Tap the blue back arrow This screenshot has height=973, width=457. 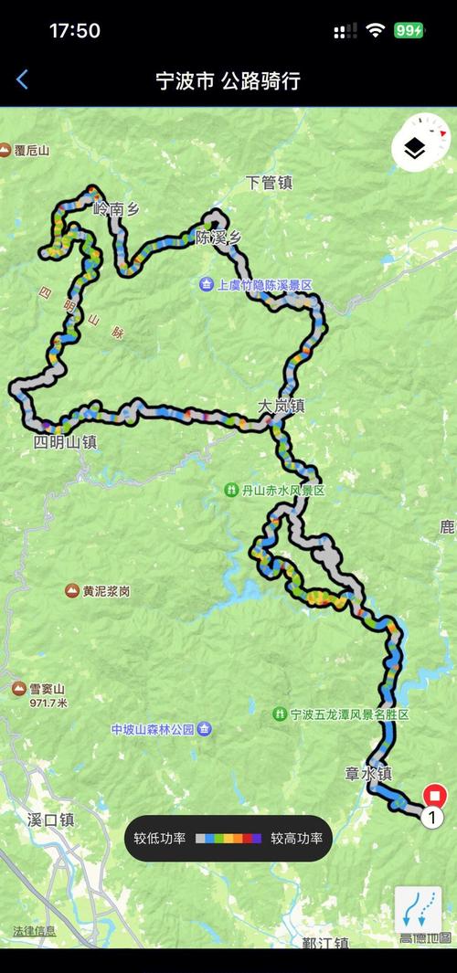pyautogui.click(x=23, y=80)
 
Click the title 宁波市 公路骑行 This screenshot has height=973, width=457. pyautogui.click(x=228, y=80)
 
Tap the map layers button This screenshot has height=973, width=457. pyautogui.click(x=416, y=148)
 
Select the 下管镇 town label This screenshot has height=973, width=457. pyautogui.click(x=269, y=183)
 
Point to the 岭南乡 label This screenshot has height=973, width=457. pyautogui.click(x=116, y=210)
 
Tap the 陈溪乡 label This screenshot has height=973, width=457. pyautogui.click(x=218, y=238)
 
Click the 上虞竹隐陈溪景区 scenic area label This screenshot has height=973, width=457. pyautogui.click(x=257, y=285)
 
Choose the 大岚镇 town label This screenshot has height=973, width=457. pyautogui.click(x=281, y=407)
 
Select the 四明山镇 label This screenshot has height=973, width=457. pyautogui.click(x=65, y=442)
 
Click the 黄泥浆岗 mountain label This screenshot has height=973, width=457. pyautogui.click(x=99, y=591)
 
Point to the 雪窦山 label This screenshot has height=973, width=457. pyautogui.click(x=42, y=688)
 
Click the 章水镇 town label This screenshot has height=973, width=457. pyautogui.click(x=367, y=774)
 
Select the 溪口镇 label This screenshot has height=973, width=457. pyautogui.click(x=50, y=820)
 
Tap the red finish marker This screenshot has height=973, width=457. pyautogui.click(x=436, y=796)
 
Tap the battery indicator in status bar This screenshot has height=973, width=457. pyautogui.click(x=409, y=30)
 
